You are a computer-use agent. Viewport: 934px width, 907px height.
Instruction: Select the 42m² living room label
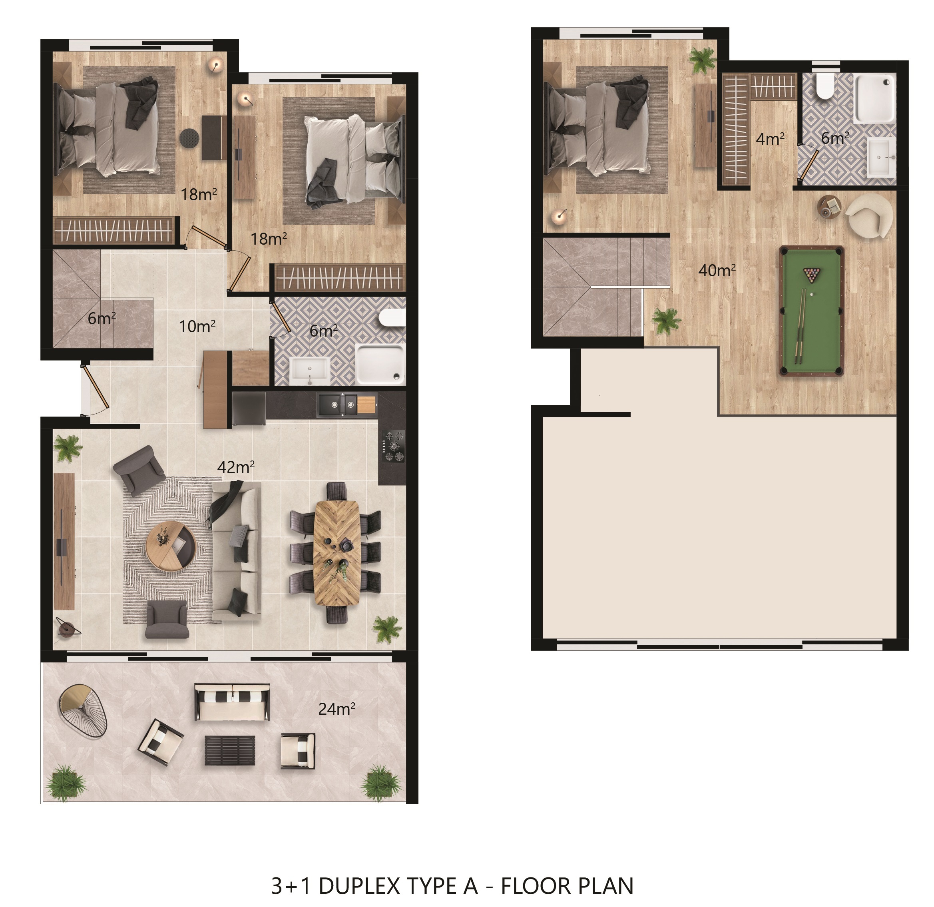(235, 466)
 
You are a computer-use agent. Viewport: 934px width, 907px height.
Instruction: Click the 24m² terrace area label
(337, 709)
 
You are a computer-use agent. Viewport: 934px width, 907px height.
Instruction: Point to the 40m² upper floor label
(717, 270)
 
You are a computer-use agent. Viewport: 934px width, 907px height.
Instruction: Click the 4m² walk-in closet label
(770, 139)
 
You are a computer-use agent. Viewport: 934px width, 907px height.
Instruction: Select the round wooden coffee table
(171, 545)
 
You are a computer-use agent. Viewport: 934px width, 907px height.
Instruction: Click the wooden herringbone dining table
(337, 553)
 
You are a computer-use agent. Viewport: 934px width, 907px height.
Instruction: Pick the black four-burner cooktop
(394, 446)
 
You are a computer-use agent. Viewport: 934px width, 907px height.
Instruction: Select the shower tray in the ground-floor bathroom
(380, 364)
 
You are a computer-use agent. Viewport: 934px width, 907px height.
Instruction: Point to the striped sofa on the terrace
(232, 702)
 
